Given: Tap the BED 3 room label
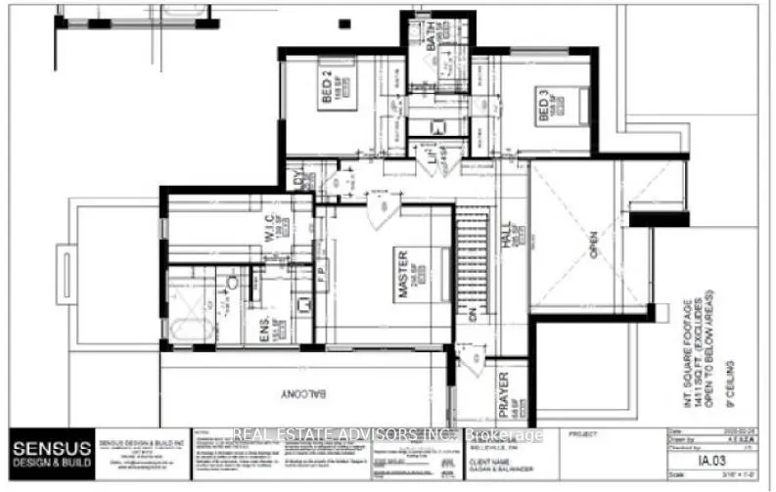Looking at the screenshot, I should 541,105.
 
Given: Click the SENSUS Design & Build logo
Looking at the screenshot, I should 51,456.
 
